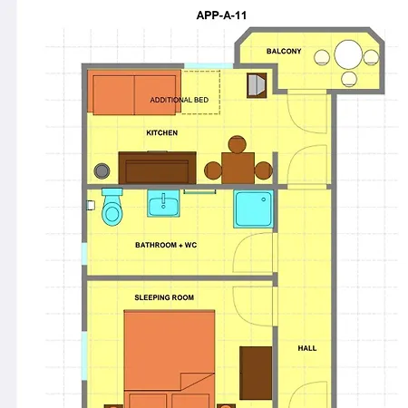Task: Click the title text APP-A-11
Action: (222, 15)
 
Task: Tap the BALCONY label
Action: (284, 52)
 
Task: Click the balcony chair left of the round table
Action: (322, 57)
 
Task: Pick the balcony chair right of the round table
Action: (371, 57)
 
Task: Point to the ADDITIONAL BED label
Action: (179, 100)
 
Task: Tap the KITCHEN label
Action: (161, 133)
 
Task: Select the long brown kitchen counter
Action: (156, 168)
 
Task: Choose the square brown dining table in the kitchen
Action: (238, 167)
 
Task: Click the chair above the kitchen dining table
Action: (238, 143)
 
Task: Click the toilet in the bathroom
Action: (112, 209)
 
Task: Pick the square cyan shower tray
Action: (253, 209)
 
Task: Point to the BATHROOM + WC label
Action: (166, 245)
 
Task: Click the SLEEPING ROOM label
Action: (164, 297)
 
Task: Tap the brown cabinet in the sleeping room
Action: (256, 372)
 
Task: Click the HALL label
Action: (307, 348)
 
